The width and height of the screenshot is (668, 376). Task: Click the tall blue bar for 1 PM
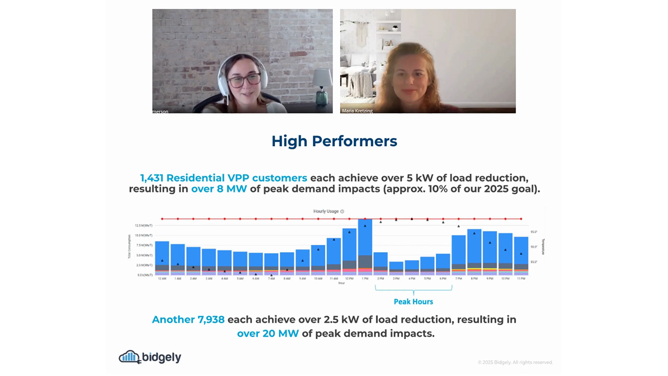365,240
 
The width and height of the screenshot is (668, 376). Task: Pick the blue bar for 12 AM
162,253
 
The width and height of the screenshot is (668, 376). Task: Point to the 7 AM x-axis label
271,279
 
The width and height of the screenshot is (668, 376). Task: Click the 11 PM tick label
520,279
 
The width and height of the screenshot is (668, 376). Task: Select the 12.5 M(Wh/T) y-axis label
144,226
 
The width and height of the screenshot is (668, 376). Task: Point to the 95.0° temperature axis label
534,231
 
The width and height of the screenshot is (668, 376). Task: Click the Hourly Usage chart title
326,211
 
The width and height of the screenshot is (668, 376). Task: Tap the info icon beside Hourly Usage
342,211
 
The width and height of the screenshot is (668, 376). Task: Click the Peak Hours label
413,302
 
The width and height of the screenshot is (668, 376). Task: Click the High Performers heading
334,141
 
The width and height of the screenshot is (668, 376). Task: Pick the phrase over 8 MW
219,189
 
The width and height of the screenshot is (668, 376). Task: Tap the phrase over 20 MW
268,333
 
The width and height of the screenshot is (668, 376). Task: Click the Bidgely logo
150,357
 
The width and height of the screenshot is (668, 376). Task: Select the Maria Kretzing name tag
357,111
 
